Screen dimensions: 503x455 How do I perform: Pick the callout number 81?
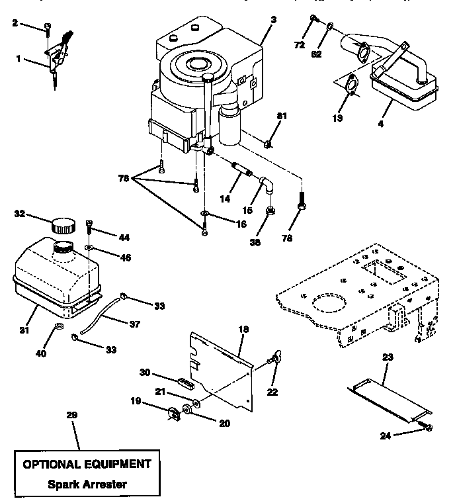click(x=282, y=116)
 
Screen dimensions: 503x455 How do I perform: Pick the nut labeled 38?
click(x=270, y=212)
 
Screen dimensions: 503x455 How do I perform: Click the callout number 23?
click(x=388, y=357)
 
